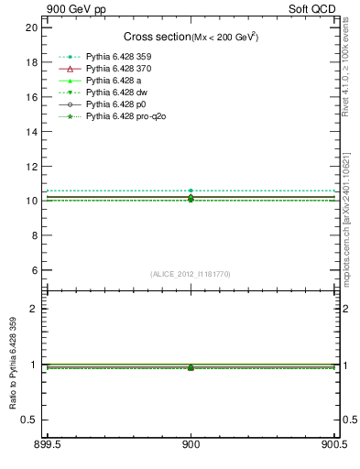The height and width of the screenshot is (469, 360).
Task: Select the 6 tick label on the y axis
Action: [34, 270]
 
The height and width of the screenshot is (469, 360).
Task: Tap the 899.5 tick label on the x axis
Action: [48, 445]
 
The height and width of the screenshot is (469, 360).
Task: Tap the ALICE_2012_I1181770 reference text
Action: [191, 274]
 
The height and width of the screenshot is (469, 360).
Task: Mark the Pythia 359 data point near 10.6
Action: [191, 191]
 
